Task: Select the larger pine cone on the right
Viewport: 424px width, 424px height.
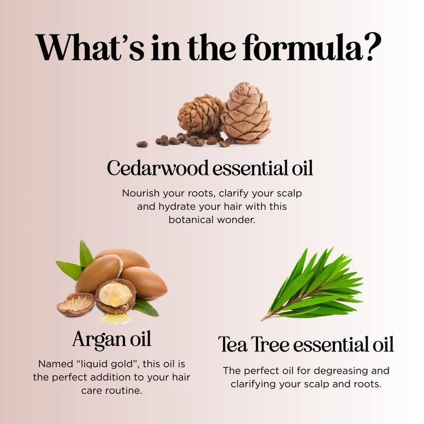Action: [x=245, y=113]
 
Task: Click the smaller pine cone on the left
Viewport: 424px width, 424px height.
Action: [x=200, y=115]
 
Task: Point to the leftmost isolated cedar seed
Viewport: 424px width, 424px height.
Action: [x=142, y=144]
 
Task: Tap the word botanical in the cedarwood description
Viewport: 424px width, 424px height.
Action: [x=192, y=218]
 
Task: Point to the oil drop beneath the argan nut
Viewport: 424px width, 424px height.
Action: [x=116, y=318]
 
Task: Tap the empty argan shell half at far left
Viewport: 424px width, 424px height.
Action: [x=75, y=305]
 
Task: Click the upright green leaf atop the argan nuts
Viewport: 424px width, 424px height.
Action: [x=85, y=254]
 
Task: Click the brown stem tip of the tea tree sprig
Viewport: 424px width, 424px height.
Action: [x=263, y=319]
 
